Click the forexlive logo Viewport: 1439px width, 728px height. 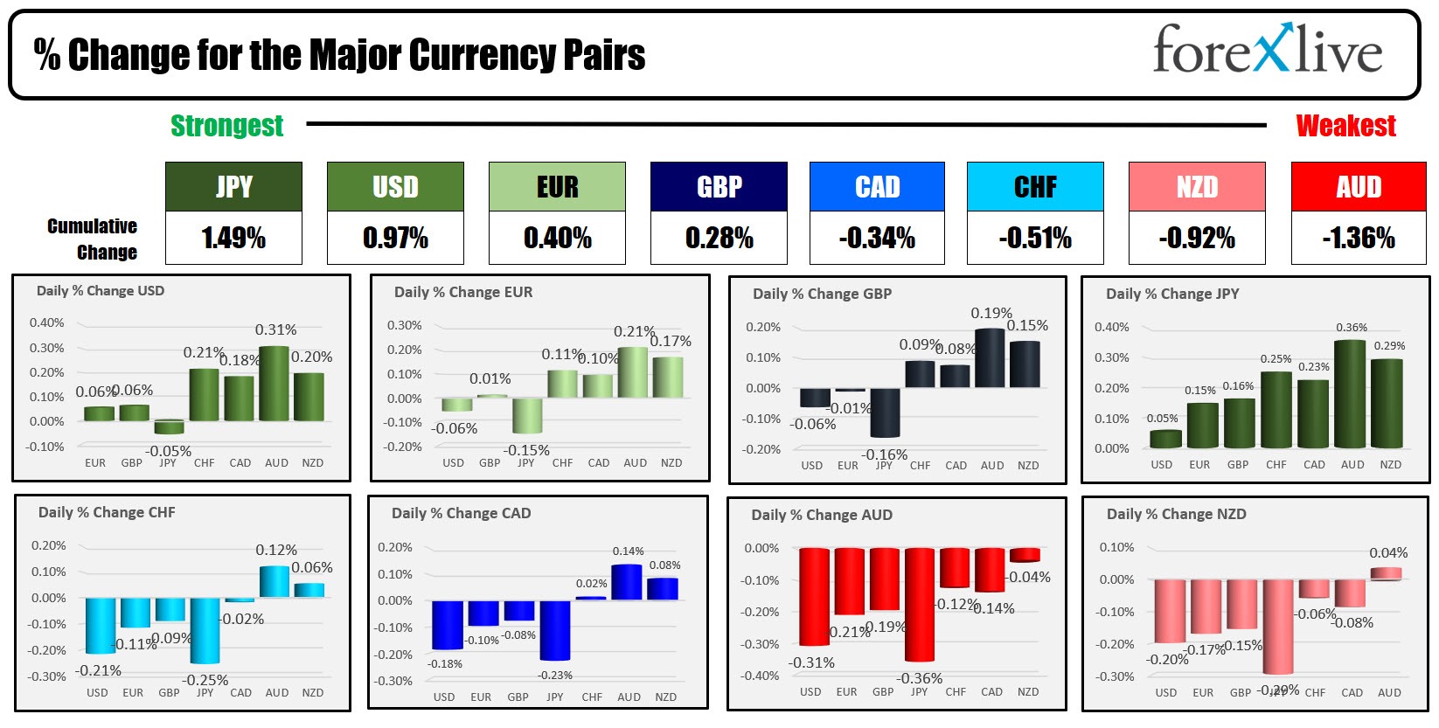coord(1267,51)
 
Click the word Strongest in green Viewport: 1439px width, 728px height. coord(226,126)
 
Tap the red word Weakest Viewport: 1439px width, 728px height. coord(1345,126)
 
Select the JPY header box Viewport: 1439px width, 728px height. coord(233,186)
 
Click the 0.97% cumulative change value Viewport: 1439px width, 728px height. coord(395,238)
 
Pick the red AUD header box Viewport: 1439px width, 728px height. coord(1358,186)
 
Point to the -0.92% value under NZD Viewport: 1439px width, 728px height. coord(1196,238)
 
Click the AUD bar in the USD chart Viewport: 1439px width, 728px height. coord(275,384)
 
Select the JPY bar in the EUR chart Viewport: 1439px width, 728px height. coord(526,415)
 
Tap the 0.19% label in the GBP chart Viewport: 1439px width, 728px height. coord(991,313)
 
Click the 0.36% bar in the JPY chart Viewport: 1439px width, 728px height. coord(1350,393)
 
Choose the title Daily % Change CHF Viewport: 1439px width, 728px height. coord(107,512)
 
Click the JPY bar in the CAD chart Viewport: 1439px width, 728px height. coord(554,629)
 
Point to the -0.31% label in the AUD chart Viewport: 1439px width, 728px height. coord(811,662)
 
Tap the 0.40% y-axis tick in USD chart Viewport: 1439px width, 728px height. coord(46,322)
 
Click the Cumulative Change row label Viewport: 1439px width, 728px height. coord(93,239)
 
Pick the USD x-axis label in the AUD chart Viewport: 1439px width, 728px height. coord(810,691)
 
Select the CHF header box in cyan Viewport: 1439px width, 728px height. coord(1034,186)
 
